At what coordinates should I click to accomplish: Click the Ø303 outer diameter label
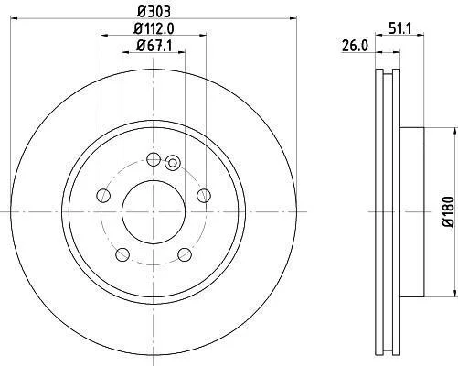point(154,12)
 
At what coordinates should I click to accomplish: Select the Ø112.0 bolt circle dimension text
point(154,29)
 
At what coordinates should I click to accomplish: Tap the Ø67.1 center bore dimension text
point(154,46)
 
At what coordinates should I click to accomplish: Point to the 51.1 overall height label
point(399,29)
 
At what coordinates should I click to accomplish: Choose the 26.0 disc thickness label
point(355,46)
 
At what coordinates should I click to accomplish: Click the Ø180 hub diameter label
point(449,212)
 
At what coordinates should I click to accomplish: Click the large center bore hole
point(154,211)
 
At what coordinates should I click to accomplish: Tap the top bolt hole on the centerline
point(154,159)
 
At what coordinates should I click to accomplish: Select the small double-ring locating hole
point(173,163)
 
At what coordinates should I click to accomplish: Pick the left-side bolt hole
point(103,196)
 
